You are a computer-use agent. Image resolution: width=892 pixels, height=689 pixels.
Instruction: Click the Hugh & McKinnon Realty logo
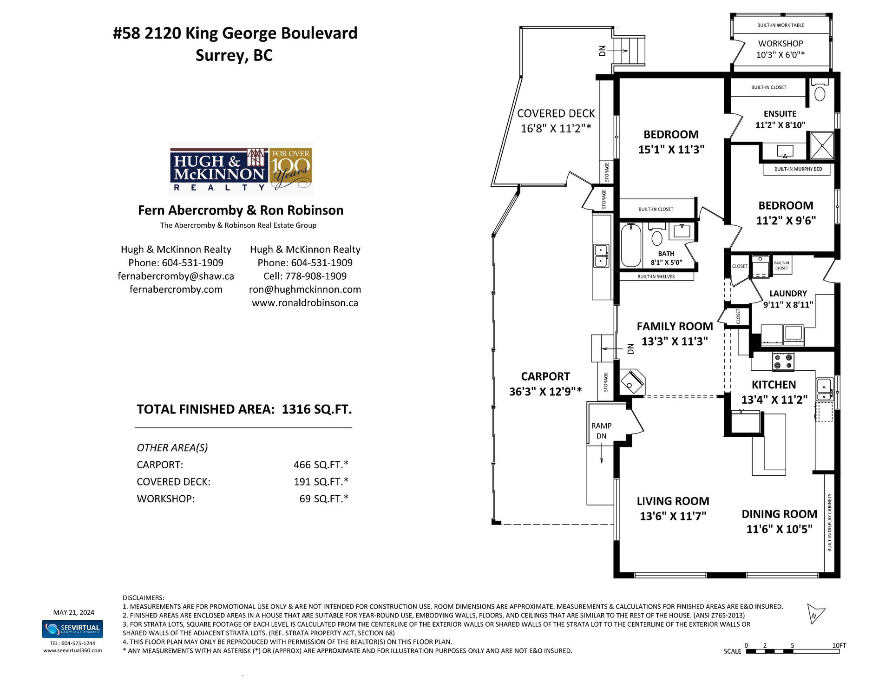(241, 168)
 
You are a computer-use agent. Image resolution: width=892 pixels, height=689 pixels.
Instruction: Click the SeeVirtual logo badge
(72, 629)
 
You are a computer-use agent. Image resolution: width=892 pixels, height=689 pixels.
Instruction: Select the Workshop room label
(780, 43)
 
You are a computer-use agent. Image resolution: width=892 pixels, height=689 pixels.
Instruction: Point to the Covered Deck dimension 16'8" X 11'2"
(556, 128)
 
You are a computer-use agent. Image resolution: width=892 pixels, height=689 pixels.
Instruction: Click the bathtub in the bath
(631, 245)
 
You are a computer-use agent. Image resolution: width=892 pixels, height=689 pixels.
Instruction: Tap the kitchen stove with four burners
(783, 361)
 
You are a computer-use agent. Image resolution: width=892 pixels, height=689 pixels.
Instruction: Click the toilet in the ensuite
(820, 90)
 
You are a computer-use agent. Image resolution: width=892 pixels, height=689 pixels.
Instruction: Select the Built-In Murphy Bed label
(798, 169)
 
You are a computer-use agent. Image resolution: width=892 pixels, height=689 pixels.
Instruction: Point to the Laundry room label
(788, 293)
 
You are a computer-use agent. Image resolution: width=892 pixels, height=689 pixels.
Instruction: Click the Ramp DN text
(601, 431)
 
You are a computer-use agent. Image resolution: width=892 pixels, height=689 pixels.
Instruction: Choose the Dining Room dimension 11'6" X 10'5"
(779, 529)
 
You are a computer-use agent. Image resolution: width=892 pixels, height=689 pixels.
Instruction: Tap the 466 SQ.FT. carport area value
(321, 465)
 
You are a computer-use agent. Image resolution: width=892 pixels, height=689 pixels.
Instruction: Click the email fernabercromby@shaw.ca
(176, 276)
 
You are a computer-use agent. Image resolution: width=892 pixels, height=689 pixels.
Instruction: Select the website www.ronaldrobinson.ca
(305, 302)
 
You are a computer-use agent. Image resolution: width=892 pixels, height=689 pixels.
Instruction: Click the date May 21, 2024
(73, 612)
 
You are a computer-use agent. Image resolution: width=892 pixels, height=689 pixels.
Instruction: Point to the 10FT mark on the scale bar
(839, 645)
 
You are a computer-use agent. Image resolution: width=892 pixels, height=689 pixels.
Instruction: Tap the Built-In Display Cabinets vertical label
(830, 522)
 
